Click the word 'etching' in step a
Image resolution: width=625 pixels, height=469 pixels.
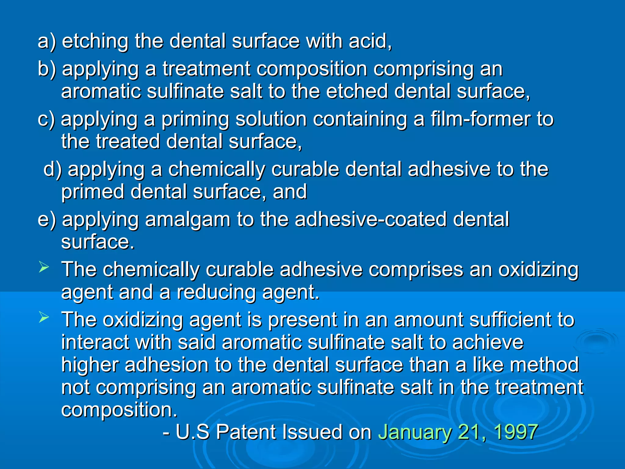tap(95, 41)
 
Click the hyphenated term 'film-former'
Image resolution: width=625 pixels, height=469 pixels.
tap(480, 119)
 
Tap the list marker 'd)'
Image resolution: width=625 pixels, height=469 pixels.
tap(52, 169)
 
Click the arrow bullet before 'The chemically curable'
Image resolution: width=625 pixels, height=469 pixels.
tap(44, 268)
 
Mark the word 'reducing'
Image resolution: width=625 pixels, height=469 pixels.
tap(216, 293)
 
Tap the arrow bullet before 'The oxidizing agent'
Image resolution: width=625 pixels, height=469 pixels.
tap(44, 318)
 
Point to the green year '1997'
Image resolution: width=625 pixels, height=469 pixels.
tap(515, 432)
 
